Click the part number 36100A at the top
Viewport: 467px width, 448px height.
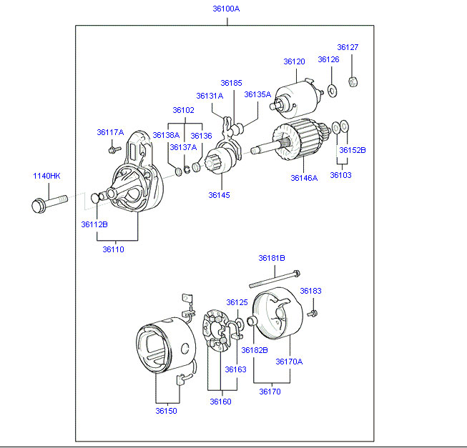click(226, 9)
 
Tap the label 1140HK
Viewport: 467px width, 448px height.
click(46, 176)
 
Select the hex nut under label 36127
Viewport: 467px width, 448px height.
click(353, 81)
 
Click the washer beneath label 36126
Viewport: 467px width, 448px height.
click(332, 91)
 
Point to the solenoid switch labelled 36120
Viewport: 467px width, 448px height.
click(296, 98)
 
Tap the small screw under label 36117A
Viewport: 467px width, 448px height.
click(114, 149)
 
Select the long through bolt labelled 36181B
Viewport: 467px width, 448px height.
click(275, 279)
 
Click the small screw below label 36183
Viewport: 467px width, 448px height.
click(313, 313)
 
